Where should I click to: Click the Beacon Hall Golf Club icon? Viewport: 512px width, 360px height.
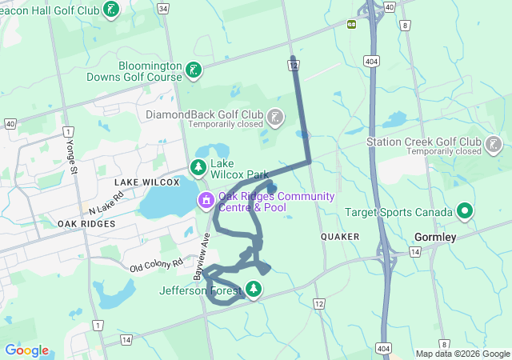111,10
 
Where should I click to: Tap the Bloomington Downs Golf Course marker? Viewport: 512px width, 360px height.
193,71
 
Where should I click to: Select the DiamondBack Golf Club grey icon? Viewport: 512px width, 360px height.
275,118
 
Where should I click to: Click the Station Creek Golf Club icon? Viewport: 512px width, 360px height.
494,146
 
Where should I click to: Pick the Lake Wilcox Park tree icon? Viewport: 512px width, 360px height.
198,167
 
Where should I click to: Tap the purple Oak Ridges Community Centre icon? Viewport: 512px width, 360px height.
206,199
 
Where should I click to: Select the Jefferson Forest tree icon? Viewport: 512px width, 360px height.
254,289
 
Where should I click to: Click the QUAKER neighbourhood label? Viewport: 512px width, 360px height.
340,237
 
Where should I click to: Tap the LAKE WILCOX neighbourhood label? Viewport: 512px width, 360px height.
144,182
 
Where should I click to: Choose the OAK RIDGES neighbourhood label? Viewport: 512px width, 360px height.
86,224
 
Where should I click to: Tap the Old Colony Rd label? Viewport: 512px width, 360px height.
157,263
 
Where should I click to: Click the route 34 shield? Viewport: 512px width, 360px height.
163,9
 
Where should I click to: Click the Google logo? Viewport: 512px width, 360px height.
26,350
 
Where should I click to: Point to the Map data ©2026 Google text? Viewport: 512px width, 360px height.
462,354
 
